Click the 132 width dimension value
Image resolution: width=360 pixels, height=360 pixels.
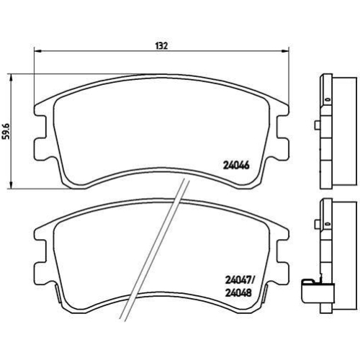click(x=161, y=45)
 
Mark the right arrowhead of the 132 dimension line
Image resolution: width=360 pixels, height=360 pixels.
click(x=287, y=52)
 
